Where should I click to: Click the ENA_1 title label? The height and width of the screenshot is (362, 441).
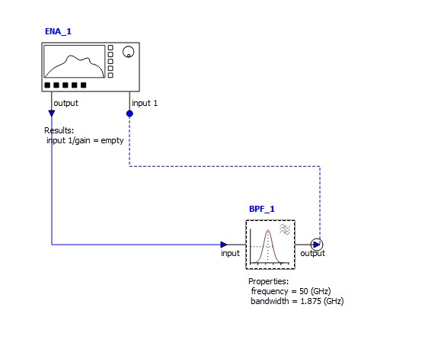58,31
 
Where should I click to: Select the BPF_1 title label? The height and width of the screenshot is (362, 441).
262,209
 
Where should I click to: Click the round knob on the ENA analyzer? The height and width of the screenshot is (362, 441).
128,52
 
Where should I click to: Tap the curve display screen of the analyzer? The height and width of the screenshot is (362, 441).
74,62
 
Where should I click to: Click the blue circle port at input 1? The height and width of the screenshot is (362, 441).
129,114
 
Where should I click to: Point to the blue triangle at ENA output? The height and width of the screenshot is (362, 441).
52,113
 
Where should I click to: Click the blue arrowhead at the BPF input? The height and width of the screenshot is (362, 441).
224,245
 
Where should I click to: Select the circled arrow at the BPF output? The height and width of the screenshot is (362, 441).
317,245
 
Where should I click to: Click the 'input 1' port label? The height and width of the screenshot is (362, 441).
145,103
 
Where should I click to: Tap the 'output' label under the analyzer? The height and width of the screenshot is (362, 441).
66,103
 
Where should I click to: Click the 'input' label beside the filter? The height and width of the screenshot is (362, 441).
230,253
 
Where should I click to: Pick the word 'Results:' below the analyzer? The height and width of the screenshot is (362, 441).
59,130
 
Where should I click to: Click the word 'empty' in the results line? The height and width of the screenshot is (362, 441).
112,140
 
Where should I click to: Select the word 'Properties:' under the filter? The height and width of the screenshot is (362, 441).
269,281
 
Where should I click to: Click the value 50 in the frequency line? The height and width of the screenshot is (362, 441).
304,291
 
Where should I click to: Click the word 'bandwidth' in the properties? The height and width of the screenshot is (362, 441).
270,301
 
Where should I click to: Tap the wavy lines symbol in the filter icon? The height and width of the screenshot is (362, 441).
285,229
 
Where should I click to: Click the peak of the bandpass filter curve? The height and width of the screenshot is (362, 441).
268,230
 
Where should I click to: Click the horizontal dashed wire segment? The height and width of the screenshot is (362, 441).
225,166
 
